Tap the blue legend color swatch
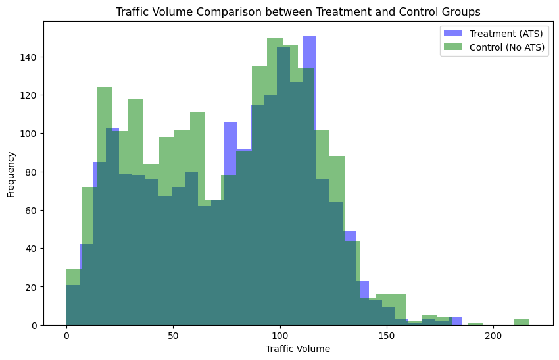point(453,33)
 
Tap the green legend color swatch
point(453,47)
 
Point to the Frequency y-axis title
point(11,174)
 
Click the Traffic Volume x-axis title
point(297,349)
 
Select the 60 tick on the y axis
point(31,210)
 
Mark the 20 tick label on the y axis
point(31,287)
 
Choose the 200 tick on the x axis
point(493,336)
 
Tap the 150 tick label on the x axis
point(387,336)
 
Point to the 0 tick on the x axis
point(66,336)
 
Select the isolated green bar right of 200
point(522,322)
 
